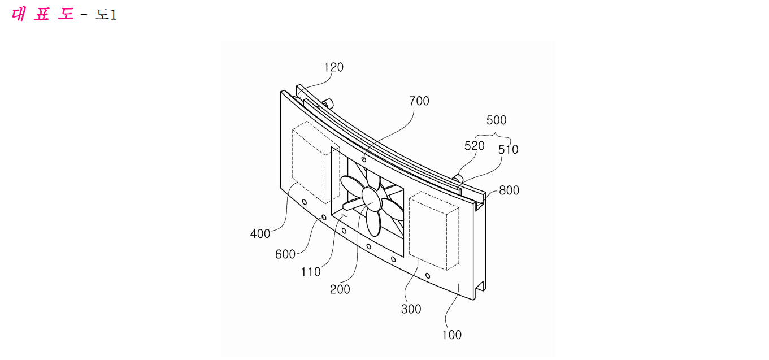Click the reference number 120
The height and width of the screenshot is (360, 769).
pyautogui.click(x=333, y=67)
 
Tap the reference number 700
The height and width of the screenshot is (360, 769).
pyautogui.click(x=419, y=101)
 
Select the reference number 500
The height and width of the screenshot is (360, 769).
pyautogui.click(x=496, y=120)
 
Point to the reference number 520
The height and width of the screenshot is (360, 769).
pyautogui.click(x=474, y=146)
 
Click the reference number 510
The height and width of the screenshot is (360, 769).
pyautogui.click(x=508, y=149)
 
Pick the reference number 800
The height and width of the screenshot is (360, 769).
pyautogui.click(x=509, y=190)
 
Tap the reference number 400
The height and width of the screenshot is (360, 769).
pyautogui.click(x=260, y=233)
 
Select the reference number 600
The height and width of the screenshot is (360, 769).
pyautogui.click(x=285, y=254)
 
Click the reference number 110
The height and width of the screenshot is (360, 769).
pyautogui.click(x=311, y=272)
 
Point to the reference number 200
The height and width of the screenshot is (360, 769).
pyautogui.click(x=340, y=289)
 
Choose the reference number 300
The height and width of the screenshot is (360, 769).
pyautogui.click(x=411, y=309)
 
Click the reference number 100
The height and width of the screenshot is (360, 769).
pyautogui.click(x=451, y=335)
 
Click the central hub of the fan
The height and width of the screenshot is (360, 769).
pyautogui.click(x=371, y=199)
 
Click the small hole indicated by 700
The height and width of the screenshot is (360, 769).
pyautogui.click(x=363, y=159)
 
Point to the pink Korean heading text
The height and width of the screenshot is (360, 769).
pyautogui.click(x=42, y=14)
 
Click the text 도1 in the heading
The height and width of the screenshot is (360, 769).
pyautogui.click(x=106, y=15)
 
